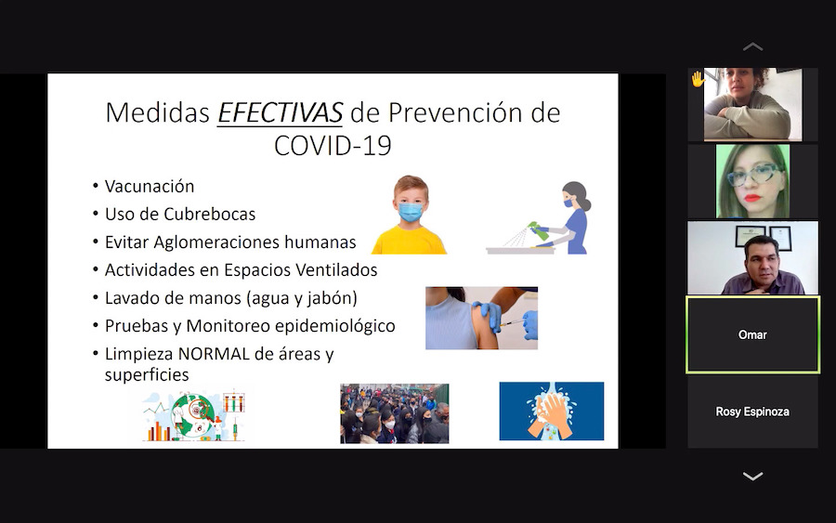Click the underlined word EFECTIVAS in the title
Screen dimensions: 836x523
click(280, 112)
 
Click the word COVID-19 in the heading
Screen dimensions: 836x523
click(333, 146)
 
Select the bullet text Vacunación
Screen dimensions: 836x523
click(150, 186)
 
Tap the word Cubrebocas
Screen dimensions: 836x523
click(210, 214)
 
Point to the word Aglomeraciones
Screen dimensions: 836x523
click(216, 242)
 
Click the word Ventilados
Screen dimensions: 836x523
click(336, 269)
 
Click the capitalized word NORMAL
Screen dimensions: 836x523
click(214, 353)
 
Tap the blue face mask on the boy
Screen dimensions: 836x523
click(411, 212)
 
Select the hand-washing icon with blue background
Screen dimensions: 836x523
click(551, 411)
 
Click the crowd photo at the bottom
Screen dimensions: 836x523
click(395, 413)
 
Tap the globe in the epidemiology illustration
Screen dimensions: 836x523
click(195, 413)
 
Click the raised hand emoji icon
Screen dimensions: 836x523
click(698, 80)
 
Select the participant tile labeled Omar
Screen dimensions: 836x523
click(752, 334)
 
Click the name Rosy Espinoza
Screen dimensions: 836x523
click(752, 412)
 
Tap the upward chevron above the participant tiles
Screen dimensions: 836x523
click(752, 47)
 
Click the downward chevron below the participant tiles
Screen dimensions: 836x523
click(752, 476)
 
